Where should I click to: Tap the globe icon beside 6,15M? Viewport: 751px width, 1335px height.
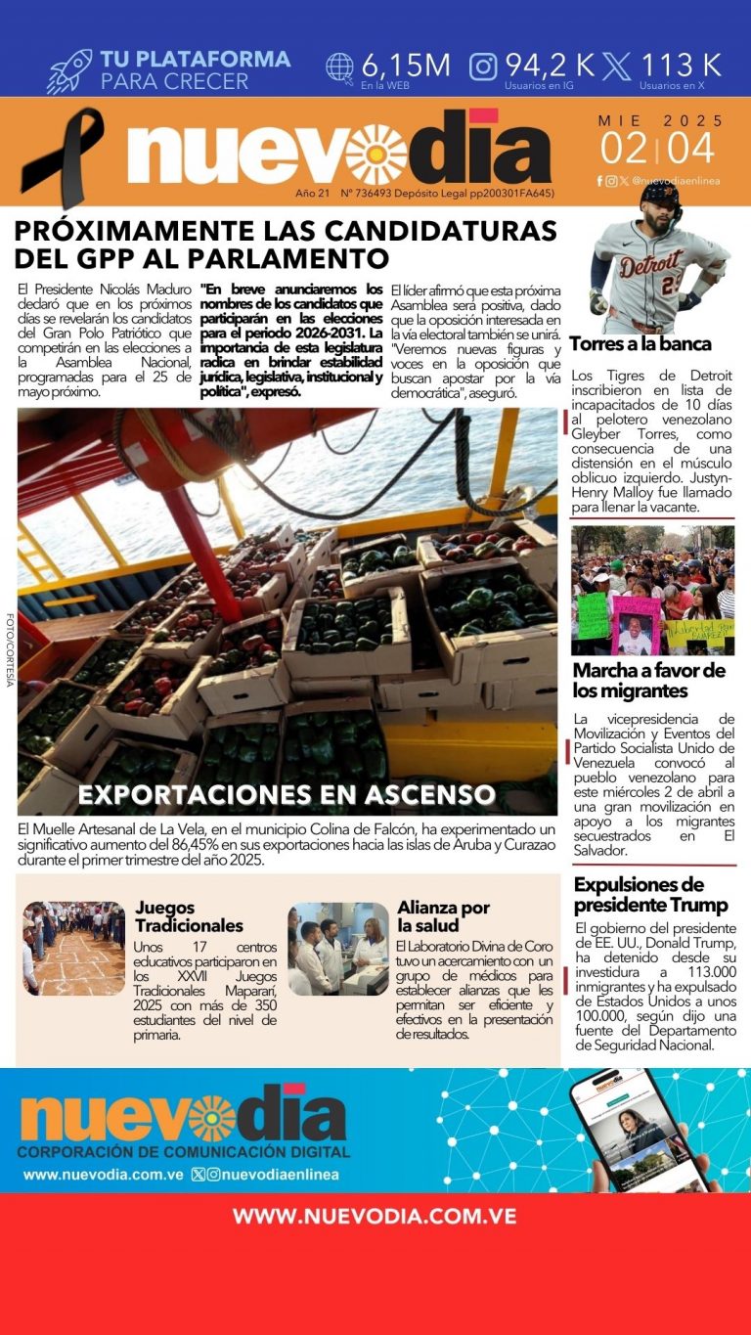coord(339,67)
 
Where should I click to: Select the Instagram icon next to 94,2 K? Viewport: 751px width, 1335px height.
coord(483,67)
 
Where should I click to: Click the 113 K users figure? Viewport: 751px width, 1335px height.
coord(681,66)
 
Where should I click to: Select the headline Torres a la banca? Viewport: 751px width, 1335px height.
coord(640,344)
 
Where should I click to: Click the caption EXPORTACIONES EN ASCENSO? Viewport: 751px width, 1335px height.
coord(286,793)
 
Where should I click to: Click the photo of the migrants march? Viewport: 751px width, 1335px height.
coord(651,590)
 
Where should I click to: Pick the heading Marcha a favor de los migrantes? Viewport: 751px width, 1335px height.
coord(648,681)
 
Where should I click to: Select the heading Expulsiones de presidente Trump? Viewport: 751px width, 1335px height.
coord(650,894)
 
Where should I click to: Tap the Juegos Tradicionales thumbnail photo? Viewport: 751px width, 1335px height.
coord(74,948)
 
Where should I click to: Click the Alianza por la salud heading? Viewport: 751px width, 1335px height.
coord(443,916)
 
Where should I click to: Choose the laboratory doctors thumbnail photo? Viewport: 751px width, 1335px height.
coord(338,949)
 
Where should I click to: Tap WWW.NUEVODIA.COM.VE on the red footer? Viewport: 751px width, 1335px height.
coord(375,1217)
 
